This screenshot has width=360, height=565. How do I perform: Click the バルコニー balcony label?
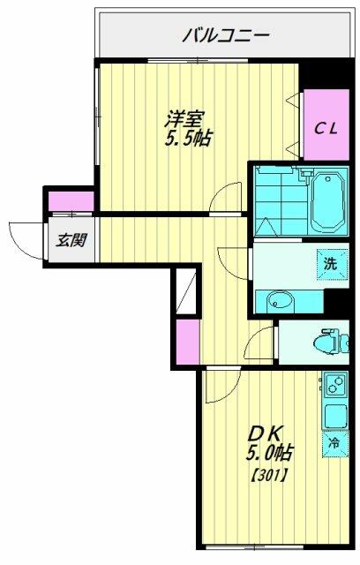click(x=226, y=36)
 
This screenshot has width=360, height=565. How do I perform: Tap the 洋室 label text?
click(x=184, y=119)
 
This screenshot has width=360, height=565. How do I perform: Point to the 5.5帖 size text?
click(x=188, y=138)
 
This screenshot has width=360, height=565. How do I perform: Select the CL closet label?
click(x=326, y=129)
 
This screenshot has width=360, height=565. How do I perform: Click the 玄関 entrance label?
click(x=71, y=240)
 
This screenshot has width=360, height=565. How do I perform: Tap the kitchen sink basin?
click(x=335, y=415)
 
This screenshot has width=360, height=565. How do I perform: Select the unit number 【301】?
click(x=268, y=477)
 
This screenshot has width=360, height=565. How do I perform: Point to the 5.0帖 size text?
click(x=268, y=453)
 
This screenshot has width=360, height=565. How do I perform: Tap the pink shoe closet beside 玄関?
click(x=71, y=201)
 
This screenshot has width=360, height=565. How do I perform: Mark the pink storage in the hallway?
click(x=188, y=342)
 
